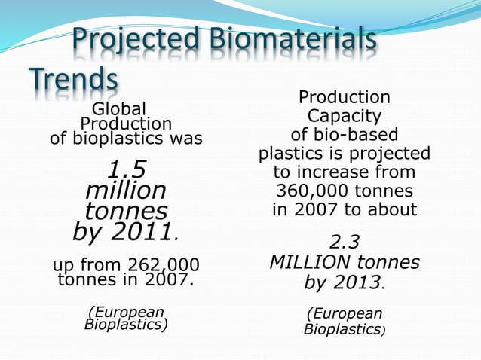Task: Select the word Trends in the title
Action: pos(74,79)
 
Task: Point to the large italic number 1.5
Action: pos(126,167)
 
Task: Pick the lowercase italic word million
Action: pos(126,188)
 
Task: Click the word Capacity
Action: pos(344,116)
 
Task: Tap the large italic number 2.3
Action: pos(345,243)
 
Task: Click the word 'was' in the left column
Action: pos(187,139)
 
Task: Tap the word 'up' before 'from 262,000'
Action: pos(64,266)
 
